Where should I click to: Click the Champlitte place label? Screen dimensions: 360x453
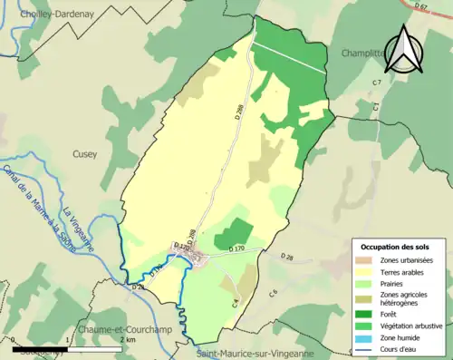361,54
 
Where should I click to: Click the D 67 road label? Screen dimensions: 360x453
420,7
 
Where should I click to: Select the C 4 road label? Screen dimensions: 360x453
235,302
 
